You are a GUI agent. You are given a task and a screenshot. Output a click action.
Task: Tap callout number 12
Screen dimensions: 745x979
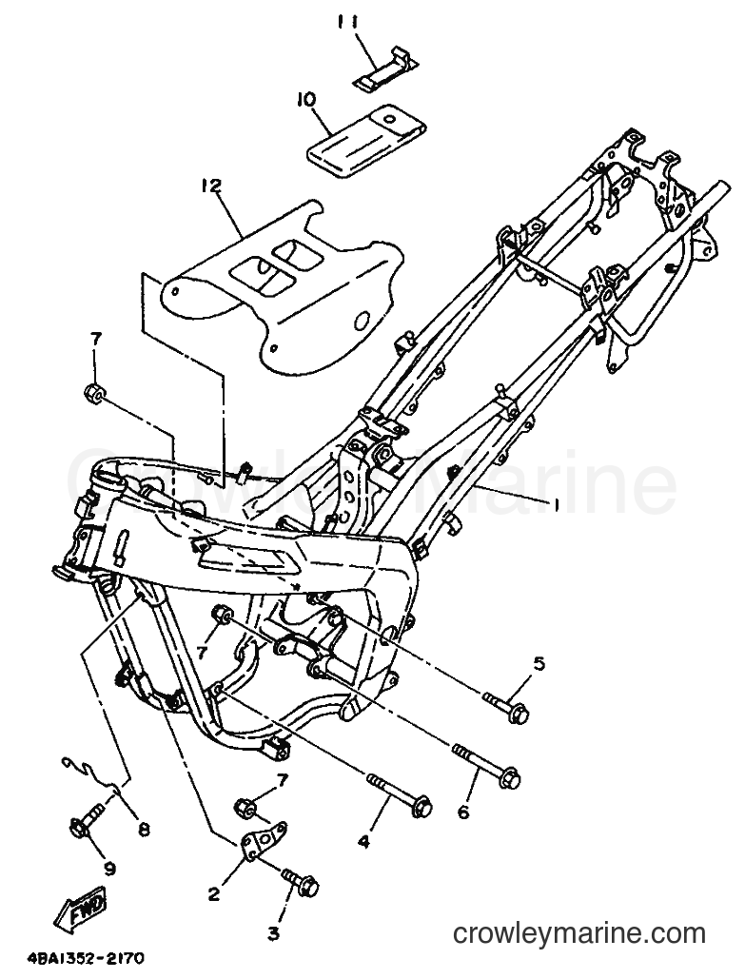[212, 186]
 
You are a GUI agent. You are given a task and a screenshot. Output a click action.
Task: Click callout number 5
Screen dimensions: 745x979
[539, 662]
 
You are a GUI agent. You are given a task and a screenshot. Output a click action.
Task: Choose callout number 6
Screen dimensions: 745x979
[462, 812]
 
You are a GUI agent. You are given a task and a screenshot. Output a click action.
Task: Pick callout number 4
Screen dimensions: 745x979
[363, 841]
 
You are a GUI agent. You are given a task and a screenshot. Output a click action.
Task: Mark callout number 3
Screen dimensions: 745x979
[273, 933]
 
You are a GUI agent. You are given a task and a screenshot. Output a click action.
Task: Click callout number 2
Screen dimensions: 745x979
[214, 894]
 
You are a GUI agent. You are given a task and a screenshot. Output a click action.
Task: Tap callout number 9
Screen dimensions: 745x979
[110, 868]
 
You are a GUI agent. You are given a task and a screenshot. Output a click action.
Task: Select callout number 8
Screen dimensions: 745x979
[144, 830]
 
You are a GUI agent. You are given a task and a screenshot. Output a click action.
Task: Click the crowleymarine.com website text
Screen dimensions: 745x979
[578, 934]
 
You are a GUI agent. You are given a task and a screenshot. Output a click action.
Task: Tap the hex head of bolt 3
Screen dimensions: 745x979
[308, 886]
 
